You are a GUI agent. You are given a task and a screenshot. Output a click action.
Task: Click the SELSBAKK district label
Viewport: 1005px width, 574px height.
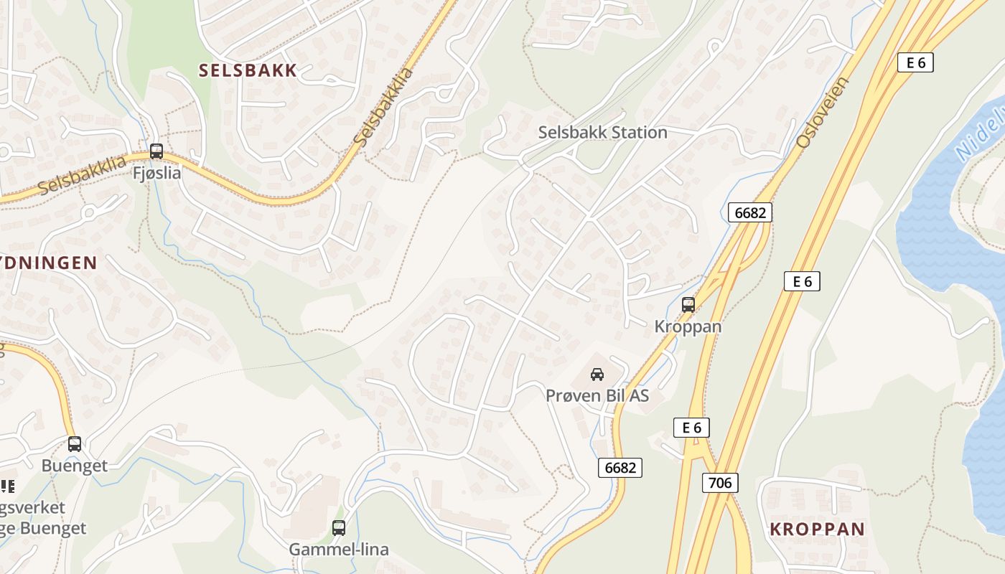tap(248, 70)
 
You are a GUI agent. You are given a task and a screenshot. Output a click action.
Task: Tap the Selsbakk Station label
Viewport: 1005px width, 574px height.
tap(603, 133)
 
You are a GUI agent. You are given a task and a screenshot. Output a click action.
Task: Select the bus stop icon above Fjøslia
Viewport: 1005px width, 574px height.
tap(156, 151)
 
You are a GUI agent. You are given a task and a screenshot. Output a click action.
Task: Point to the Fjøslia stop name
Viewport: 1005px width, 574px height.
tap(156, 173)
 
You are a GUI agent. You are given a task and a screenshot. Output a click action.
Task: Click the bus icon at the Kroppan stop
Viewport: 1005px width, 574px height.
tap(688, 305)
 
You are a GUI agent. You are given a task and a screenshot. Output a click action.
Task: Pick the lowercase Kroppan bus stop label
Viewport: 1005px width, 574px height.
tap(688, 326)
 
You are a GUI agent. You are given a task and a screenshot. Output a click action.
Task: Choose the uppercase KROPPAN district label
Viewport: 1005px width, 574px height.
tap(817, 530)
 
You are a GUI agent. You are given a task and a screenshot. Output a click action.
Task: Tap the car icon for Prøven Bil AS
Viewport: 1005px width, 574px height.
tap(597, 374)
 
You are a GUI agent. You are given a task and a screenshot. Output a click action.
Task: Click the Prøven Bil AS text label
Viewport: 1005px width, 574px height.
tap(597, 395)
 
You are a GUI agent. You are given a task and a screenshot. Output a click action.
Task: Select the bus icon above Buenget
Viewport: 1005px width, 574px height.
tap(75, 444)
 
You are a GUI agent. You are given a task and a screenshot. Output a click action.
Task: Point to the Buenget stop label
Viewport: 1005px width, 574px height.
tap(75, 466)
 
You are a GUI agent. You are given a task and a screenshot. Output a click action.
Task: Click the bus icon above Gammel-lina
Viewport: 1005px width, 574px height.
tap(339, 528)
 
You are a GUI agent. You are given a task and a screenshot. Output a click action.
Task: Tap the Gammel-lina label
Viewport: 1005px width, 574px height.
tap(339, 550)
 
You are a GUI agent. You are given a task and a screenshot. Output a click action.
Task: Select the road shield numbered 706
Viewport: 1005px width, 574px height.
tap(720, 483)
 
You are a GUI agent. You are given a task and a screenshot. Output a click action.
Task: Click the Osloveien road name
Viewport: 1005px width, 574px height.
tap(822, 113)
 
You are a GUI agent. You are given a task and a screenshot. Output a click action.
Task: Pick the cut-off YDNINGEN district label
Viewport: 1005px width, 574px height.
tap(48, 263)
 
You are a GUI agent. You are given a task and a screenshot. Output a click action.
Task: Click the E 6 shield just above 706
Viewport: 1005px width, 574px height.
tap(691, 428)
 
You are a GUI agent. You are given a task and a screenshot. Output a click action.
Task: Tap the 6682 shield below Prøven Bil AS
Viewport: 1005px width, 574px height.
tap(620, 468)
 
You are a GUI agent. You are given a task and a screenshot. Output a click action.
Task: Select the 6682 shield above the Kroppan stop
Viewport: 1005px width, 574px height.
tap(750, 212)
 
